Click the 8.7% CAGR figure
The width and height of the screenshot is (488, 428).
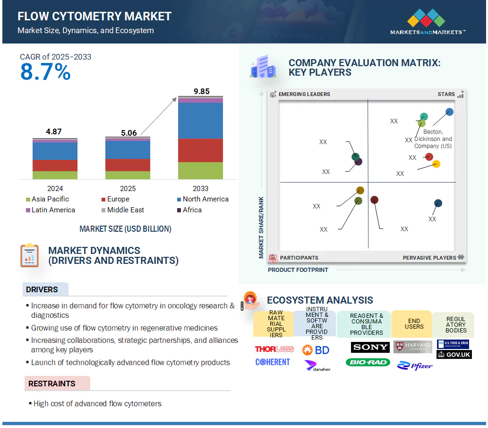point(45,72)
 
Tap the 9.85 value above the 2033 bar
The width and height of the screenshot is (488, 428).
point(201,91)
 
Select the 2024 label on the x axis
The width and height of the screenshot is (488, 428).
point(55,188)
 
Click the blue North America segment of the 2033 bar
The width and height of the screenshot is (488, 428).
point(201,121)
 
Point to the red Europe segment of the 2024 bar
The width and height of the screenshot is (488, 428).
point(55,166)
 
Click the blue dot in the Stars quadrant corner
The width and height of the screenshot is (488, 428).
point(449,112)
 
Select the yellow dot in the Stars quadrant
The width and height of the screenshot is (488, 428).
point(437,164)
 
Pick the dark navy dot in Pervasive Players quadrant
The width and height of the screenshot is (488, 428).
point(438,203)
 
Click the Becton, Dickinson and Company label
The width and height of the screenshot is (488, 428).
point(433,139)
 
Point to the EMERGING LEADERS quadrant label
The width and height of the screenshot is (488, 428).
point(304,94)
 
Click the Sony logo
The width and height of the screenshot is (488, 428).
point(370,348)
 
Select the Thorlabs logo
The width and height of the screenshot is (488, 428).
point(274,349)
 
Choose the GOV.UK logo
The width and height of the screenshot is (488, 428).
point(454,355)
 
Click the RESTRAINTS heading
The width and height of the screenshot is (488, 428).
point(51,384)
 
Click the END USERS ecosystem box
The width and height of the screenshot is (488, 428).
point(414,323)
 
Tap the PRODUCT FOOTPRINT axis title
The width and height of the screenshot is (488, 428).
point(298,270)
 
